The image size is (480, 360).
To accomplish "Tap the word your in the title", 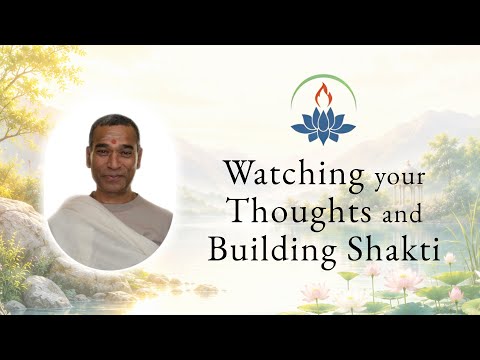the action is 399,178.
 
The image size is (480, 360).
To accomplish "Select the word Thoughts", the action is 301,211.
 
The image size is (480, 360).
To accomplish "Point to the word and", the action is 402,213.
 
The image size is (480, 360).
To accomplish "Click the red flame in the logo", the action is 323,96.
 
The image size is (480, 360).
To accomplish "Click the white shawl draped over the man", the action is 100,230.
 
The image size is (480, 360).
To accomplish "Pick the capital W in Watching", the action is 242,172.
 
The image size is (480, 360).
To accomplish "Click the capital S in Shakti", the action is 356,248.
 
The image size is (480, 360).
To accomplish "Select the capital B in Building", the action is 219,248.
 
